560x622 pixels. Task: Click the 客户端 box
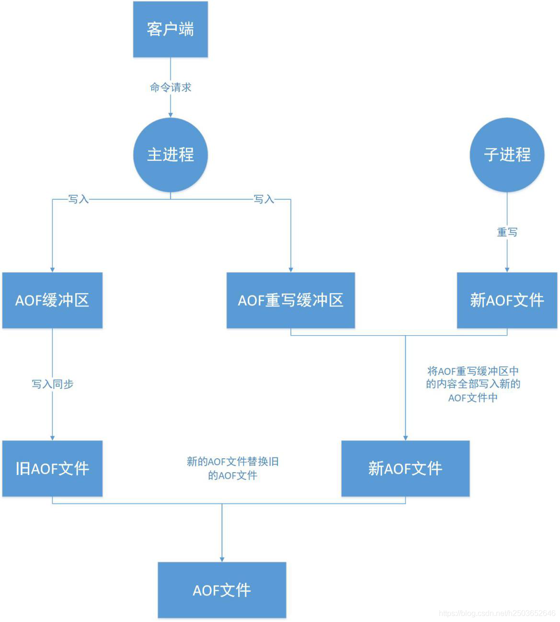(x=170, y=29)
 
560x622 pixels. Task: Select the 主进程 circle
(x=170, y=155)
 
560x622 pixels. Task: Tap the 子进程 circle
(x=507, y=155)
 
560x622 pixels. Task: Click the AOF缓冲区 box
(x=52, y=300)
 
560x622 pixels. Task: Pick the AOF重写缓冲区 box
(x=290, y=300)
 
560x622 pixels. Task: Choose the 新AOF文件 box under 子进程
(x=507, y=300)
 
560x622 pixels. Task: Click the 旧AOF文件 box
(x=52, y=468)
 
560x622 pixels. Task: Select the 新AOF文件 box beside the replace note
(x=405, y=468)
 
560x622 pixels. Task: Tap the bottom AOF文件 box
(x=222, y=590)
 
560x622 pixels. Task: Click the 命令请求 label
(x=171, y=87)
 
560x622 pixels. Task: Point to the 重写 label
(x=507, y=232)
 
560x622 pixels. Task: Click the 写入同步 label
(x=52, y=384)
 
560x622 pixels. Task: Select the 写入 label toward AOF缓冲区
(x=78, y=199)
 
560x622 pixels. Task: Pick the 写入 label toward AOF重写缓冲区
(x=263, y=199)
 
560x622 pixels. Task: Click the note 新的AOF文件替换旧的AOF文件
(x=233, y=468)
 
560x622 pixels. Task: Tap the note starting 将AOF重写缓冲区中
(x=473, y=384)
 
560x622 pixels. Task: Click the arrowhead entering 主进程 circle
(x=171, y=115)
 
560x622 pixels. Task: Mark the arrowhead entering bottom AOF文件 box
(x=222, y=559)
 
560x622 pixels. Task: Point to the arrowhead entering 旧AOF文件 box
(x=52, y=438)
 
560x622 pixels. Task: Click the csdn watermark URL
(x=497, y=613)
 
